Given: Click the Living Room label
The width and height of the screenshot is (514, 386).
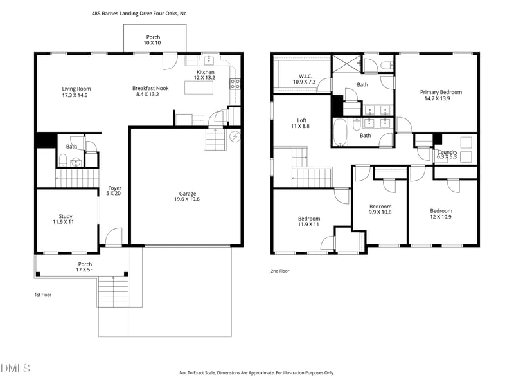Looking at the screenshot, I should [x=76, y=92].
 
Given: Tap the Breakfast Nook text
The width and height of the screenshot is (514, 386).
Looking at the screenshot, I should [x=150, y=91].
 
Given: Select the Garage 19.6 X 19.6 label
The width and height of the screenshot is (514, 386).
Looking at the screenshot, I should [x=188, y=196].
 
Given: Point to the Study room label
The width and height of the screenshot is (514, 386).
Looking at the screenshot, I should [x=66, y=219].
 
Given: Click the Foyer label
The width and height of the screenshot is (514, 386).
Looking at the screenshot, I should [x=114, y=190].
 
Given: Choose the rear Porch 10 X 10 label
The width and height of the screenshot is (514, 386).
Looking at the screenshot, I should [x=153, y=40].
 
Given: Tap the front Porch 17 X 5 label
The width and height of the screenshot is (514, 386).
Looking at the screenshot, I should [x=85, y=267].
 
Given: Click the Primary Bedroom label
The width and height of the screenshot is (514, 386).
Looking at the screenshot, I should [x=441, y=95].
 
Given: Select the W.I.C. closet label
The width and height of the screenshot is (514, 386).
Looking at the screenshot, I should [x=304, y=79].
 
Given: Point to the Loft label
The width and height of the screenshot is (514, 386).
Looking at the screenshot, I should [x=302, y=124].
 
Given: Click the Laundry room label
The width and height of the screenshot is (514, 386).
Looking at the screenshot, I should [x=447, y=154].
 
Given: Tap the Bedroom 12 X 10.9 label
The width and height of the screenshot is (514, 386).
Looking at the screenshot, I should [x=441, y=214].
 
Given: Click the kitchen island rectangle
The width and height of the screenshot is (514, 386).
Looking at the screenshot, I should [x=199, y=87].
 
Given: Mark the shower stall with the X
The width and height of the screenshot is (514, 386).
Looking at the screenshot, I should [x=346, y=64].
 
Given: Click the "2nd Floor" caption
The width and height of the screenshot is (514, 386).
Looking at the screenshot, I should [x=279, y=271].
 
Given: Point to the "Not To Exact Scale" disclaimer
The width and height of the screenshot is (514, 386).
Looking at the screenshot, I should [x=256, y=372].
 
